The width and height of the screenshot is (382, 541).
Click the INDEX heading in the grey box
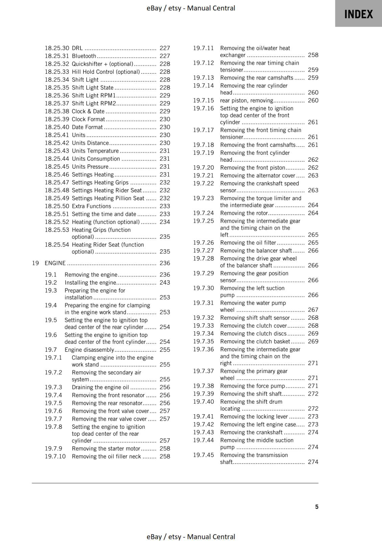click(x=358, y=14)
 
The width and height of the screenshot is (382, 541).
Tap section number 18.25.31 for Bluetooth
click(x=57, y=56)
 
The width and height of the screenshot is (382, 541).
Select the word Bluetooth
click(x=84, y=56)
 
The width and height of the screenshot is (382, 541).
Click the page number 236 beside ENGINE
click(x=165, y=263)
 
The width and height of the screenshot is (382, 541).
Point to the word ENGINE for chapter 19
click(x=55, y=263)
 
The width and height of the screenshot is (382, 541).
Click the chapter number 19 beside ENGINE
click(x=35, y=263)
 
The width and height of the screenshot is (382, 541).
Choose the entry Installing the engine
click(x=90, y=283)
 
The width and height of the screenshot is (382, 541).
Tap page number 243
click(x=165, y=283)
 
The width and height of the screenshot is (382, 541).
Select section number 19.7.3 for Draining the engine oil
click(x=53, y=387)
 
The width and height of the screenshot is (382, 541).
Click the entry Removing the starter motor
click(x=106, y=449)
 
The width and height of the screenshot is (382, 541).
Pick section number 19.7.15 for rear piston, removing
click(x=204, y=100)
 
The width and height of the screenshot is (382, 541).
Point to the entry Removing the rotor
click(x=244, y=213)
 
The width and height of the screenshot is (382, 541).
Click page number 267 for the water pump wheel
click(x=313, y=310)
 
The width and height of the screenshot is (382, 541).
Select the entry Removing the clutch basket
click(x=255, y=342)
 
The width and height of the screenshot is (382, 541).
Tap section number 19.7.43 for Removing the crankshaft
click(x=204, y=432)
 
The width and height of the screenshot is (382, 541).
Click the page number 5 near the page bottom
click(x=317, y=507)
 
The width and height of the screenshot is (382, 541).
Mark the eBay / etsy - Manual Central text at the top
click(x=191, y=8)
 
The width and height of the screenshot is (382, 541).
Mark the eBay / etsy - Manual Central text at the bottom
click(x=191, y=537)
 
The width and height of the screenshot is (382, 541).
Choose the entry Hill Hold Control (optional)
click(x=105, y=72)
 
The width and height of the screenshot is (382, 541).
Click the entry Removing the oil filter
click(x=248, y=243)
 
